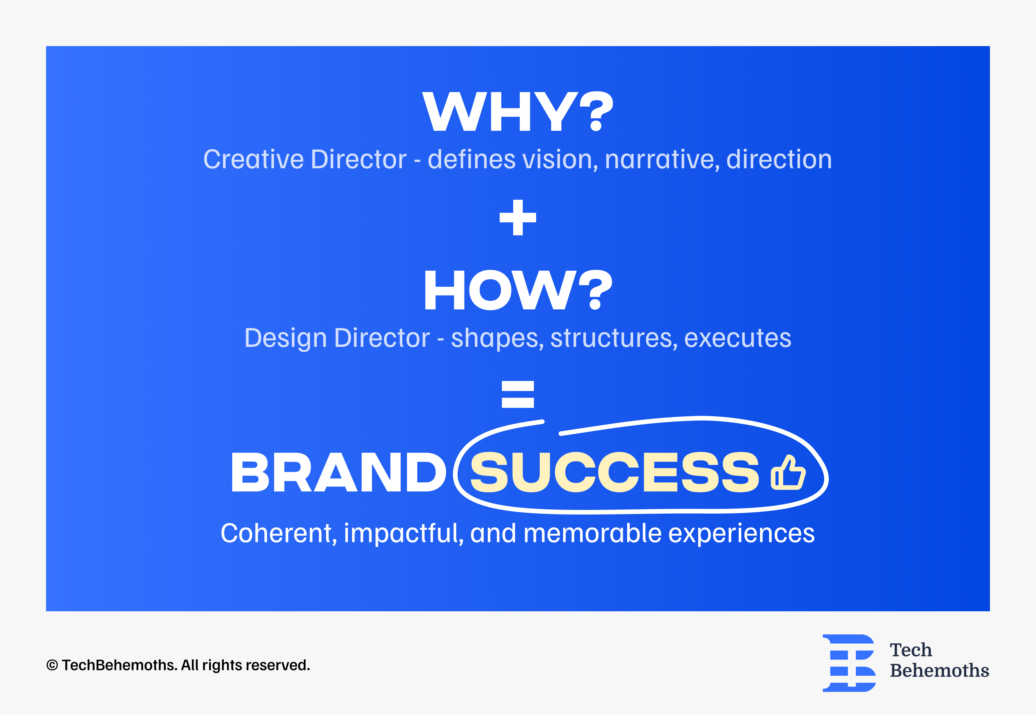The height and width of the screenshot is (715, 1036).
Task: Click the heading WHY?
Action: (x=518, y=111)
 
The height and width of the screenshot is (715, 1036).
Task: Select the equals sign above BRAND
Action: (x=518, y=394)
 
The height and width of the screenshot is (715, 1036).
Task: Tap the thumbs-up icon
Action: (x=788, y=473)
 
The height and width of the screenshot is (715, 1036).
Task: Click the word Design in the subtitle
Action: (x=285, y=338)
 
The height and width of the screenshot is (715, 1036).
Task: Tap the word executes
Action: (x=738, y=338)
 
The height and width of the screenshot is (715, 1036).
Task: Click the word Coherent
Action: (x=279, y=534)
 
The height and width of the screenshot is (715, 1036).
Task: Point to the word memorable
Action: (x=593, y=534)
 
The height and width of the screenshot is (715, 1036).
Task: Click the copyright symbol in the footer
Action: (x=52, y=665)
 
